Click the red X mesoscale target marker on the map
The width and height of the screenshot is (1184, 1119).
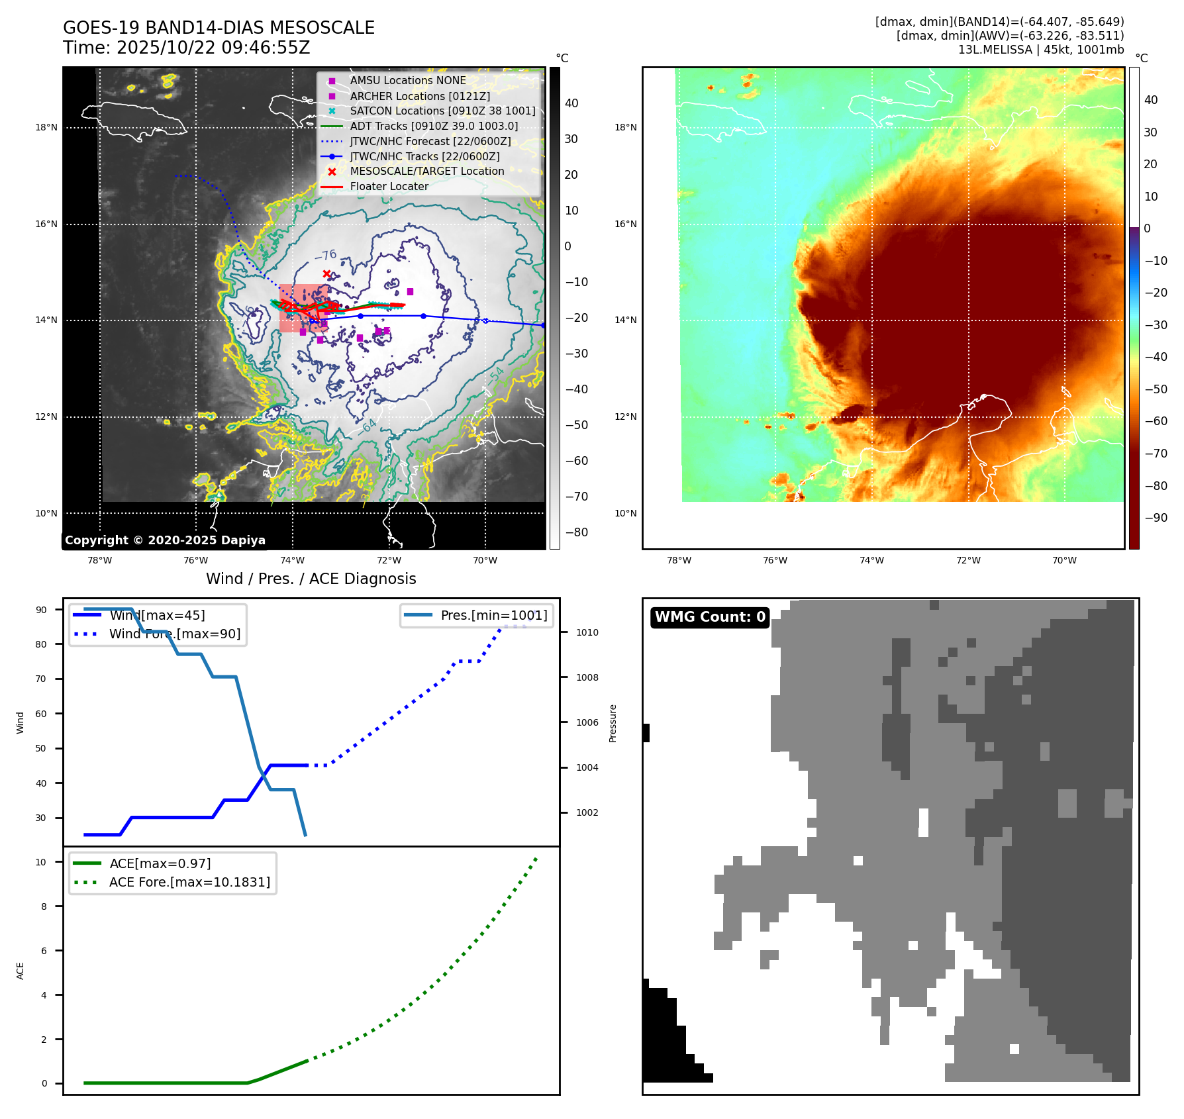(x=326, y=273)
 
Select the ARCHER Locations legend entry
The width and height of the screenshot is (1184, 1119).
(x=420, y=96)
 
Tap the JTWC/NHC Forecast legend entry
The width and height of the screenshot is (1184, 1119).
(x=430, y=141)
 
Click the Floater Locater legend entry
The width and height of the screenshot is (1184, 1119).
(x=389, y=187)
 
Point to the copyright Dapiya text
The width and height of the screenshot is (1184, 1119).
(x=165, y=540)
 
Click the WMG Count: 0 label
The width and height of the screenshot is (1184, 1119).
(x=710, y=617)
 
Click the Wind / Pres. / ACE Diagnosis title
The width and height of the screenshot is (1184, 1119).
(x=311, y=579)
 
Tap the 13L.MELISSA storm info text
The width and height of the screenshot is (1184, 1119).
(x=1041, y=50)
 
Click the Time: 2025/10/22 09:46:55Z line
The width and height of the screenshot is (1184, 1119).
(x=187, y=48)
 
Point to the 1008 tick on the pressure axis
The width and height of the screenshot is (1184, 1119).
(x=587, y=677)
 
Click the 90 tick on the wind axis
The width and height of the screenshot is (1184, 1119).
(x=42, y=610)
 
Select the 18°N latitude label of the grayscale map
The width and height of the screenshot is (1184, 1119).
(x=46, y=128)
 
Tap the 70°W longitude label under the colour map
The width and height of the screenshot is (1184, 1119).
(x=1064, y=561)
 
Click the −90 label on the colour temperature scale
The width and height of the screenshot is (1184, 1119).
(x=1156, y=518)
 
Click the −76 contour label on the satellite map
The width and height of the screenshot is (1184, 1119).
(x=326, y=255)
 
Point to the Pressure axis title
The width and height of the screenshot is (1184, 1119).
(x=613, y=723)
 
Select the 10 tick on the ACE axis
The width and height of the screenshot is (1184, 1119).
(x=41, y=862)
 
